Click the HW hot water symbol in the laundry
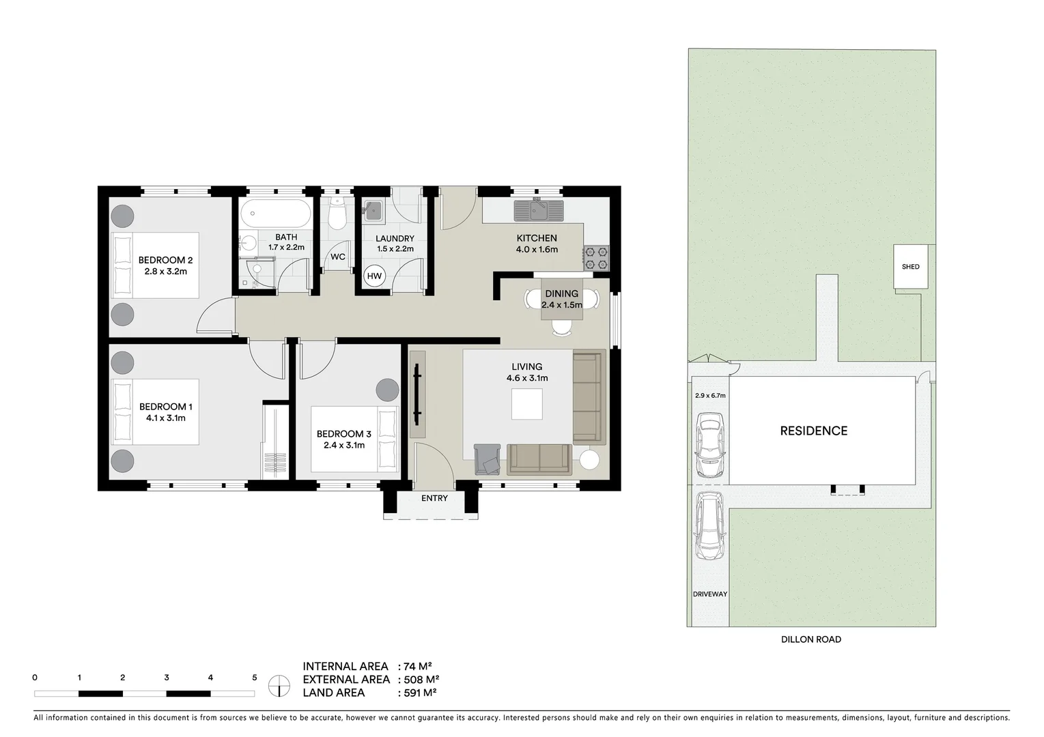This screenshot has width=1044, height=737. (374, 276)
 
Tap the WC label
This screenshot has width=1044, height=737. (338, 257)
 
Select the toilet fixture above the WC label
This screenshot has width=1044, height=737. (336, 215)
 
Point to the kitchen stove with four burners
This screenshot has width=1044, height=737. (595, 258)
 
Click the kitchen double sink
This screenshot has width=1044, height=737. (539, 209)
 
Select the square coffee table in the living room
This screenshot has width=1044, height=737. (527, 404)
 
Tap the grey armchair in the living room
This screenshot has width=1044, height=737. (488, 458)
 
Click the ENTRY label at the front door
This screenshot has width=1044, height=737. (434, 498)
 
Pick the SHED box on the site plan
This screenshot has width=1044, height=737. (911, 267)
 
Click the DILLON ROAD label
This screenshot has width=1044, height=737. (811, 639)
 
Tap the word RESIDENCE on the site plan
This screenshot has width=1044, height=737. (814, 431)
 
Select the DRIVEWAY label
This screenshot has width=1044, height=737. (710, 594)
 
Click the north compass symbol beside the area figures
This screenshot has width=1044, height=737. (279, 685)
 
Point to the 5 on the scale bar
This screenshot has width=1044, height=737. (255, 678)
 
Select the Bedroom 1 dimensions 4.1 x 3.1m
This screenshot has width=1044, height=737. (166, 418)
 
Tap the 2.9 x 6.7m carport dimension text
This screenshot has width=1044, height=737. (710, 395)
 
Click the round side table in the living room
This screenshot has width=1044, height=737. (589, 459)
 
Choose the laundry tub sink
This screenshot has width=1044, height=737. (373, 211)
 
